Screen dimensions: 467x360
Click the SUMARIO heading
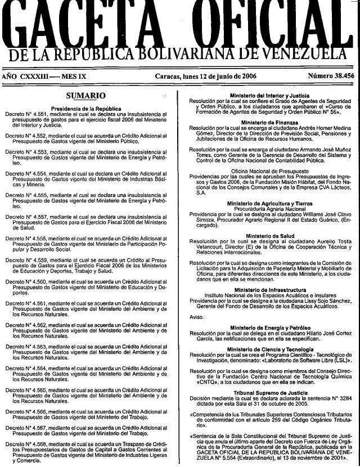(x=85, y=96)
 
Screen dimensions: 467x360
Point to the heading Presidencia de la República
(x=85, y=108)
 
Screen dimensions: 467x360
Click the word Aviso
(x=196, y=317)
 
